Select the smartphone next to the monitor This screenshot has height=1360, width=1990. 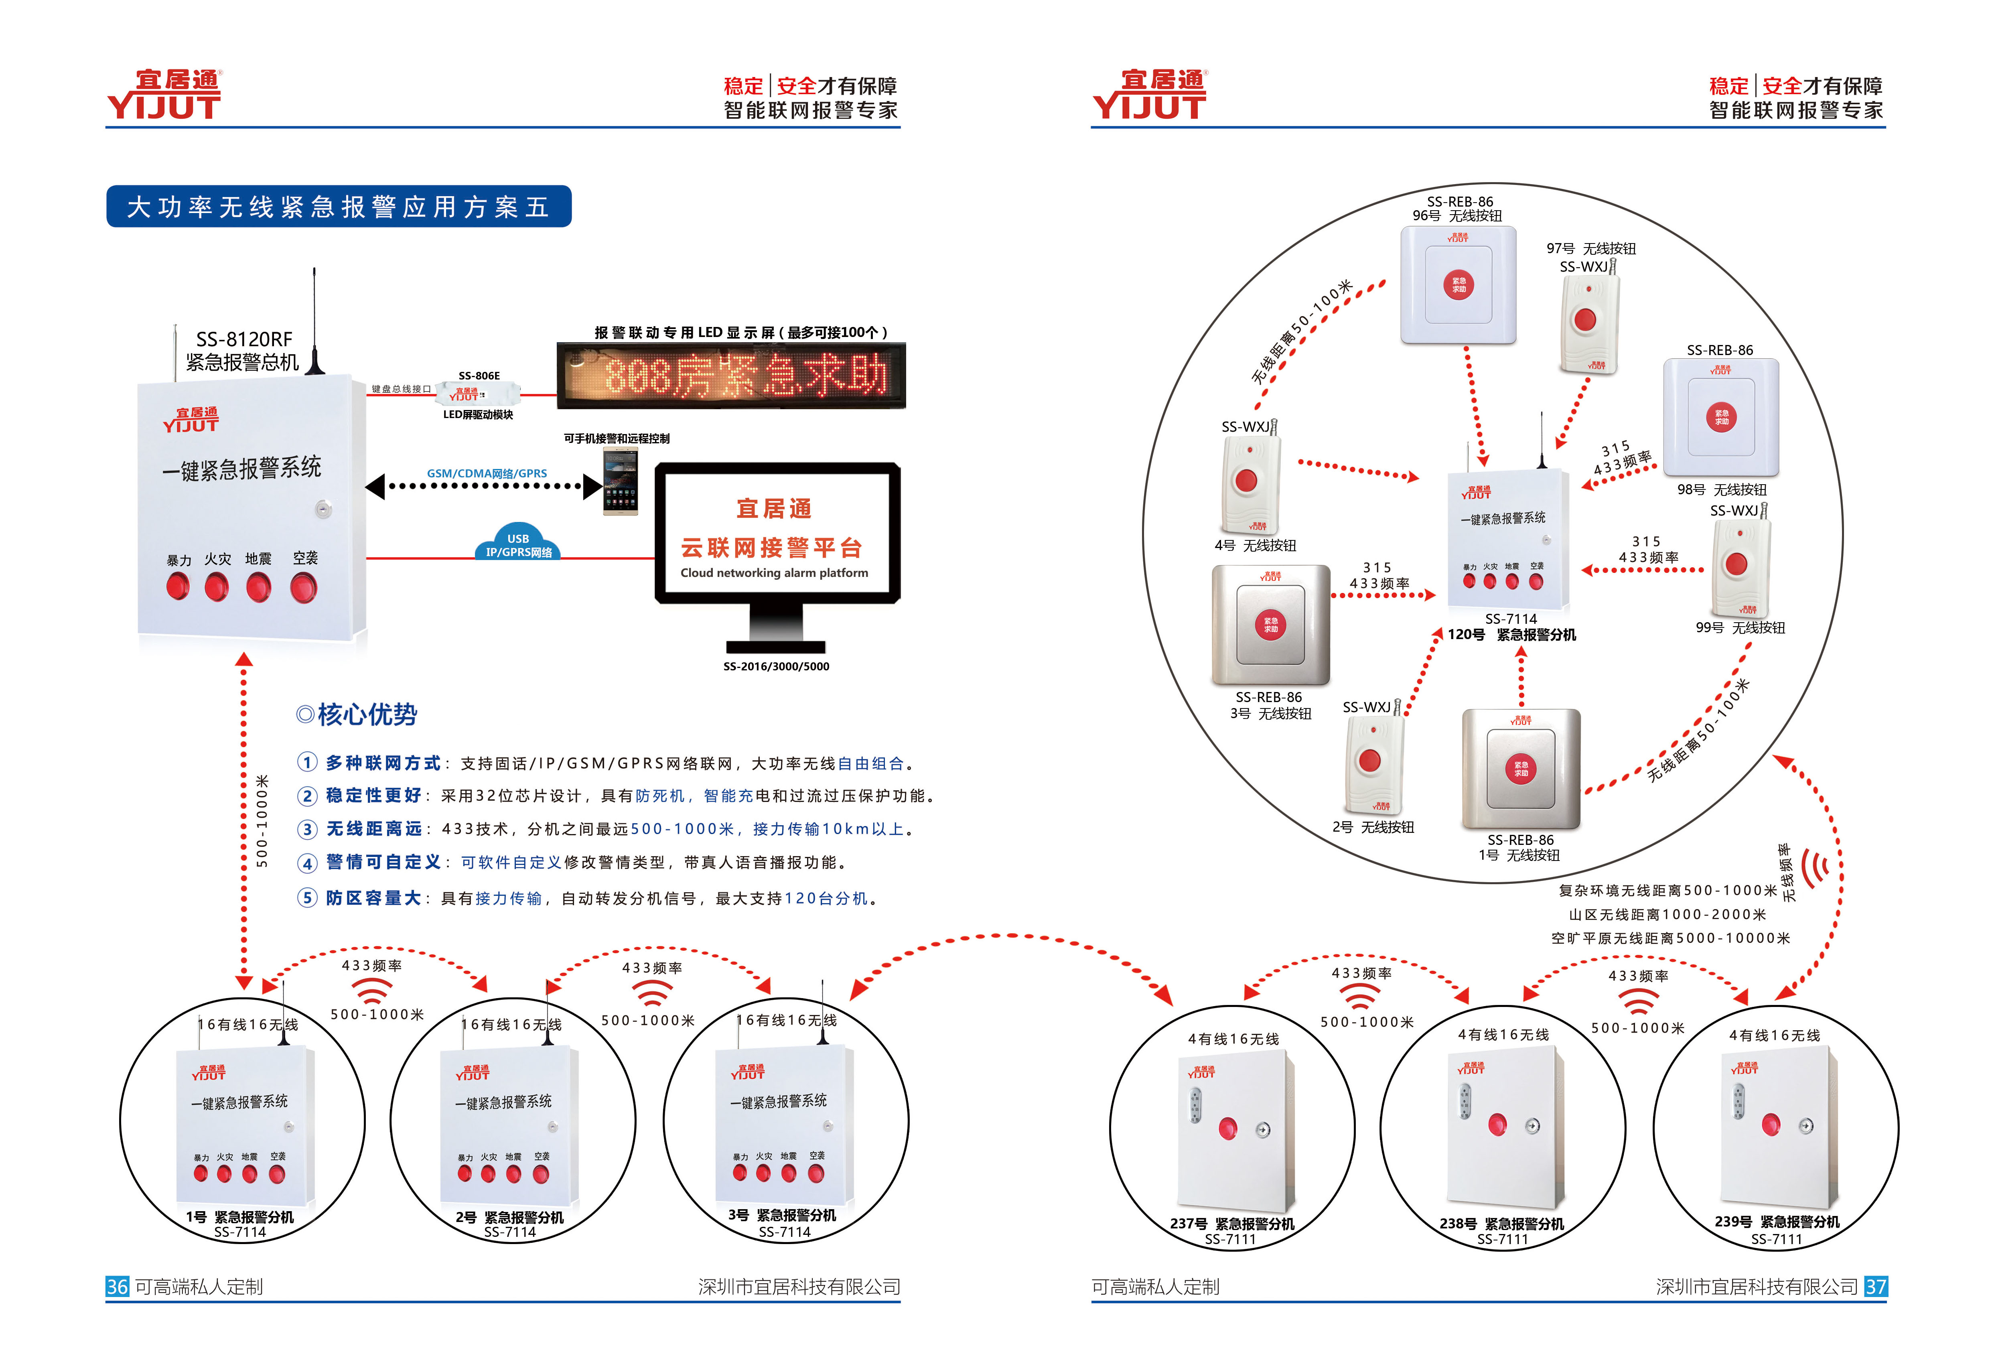tap(620, 481)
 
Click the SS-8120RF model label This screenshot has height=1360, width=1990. tap(244, 339)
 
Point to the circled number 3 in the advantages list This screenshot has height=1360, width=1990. tap(306, 829)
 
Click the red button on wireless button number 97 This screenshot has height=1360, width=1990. tap(1585, 320)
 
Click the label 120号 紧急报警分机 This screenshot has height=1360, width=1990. tap(1511, 635)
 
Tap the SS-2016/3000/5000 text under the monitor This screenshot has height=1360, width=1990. tap(776, 666)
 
